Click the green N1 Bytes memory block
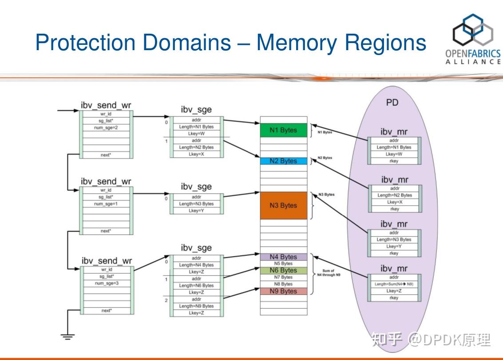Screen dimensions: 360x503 pyautogui.click(x=283, y=130)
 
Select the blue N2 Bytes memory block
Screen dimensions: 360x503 pyautogui.click(x=283, y=161)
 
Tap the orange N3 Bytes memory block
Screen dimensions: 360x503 pyautogui.click(x=283, y=206)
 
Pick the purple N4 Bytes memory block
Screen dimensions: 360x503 pyautogui.click(x=283, y=257)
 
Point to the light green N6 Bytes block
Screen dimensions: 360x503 pyautogui.click(x=283, y=270)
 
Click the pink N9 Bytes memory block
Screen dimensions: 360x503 pyautogui.click(x=283, y=291)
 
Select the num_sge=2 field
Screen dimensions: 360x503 pyautogui.click(x=106, y=127)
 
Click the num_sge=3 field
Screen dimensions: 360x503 pyautogui.click(x=106, y=283)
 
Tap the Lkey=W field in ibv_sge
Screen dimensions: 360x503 pyautogui.click(x=196, y=134)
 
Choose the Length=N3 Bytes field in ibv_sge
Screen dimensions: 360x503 pyautogui.click(x=196, y=204)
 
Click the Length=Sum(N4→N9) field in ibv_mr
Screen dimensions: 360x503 pyautogui.click(x=394, y=284)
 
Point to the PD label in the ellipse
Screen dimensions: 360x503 pyautogui.click(x=392, y=103)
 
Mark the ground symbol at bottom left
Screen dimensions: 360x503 pyautogui.click(x=67, y=336)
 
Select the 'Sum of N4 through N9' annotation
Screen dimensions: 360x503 pyautogui.click(x=328, y=273)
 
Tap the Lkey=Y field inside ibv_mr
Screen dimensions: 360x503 pyautogui.click(x=394, y=246)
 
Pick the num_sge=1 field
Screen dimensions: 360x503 pyautogui.click(x=106, y=204)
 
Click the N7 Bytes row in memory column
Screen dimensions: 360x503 pyautogui.click(x=283, y=277)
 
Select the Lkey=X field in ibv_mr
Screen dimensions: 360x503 pyautogui.click(x=394, y=202)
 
